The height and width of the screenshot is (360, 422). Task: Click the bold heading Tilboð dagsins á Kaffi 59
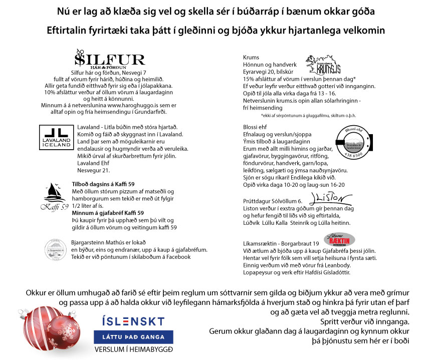[103, 184]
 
